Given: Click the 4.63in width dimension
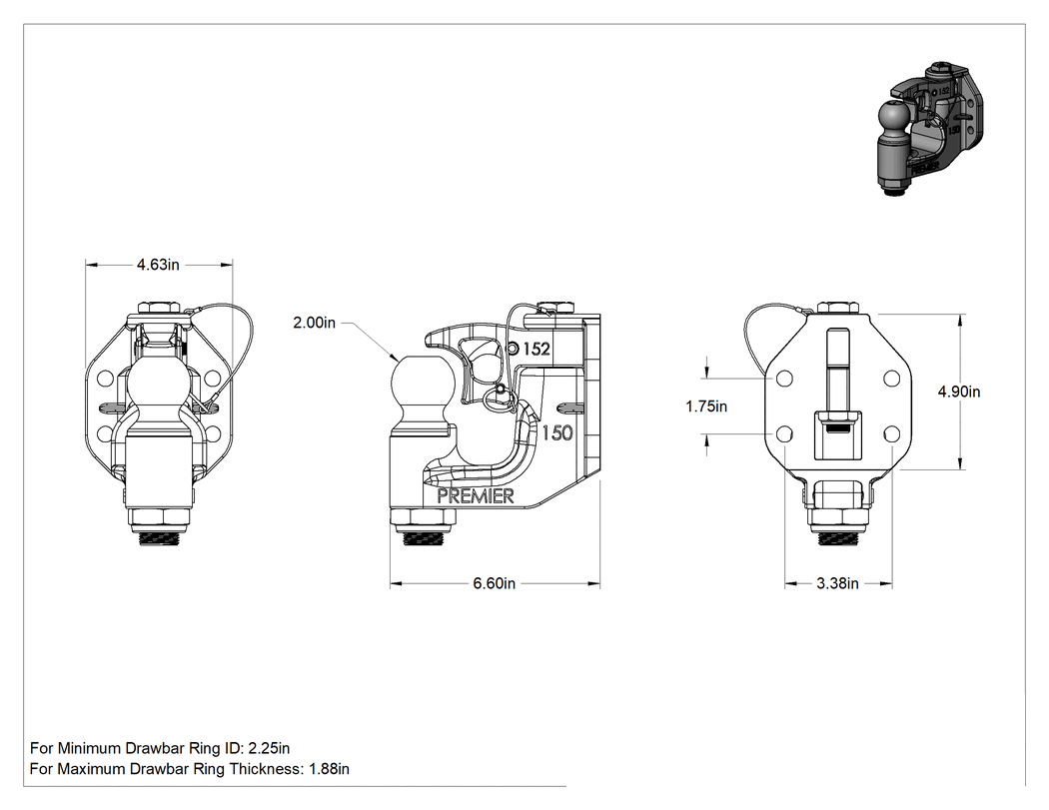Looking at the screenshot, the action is click(158, 265).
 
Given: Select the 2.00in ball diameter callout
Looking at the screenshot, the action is click(315, 323).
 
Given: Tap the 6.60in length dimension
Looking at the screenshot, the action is click(495, 583).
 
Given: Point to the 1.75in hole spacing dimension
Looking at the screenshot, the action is click(706, 406).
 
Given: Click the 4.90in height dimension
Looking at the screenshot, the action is click(959, 392).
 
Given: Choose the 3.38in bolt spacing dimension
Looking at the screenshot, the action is click(837, 583).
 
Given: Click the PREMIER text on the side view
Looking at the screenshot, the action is click(475, 495).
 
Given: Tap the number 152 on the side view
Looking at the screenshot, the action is click(536, 349).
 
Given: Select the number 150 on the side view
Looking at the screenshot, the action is click(557, 433).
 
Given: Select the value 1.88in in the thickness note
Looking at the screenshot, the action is click(329, 768).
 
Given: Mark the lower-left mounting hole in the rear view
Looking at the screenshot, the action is click(784, 434).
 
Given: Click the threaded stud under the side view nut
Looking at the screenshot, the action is click(424, 537).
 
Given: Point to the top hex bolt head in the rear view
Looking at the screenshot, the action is click(838, 308).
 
